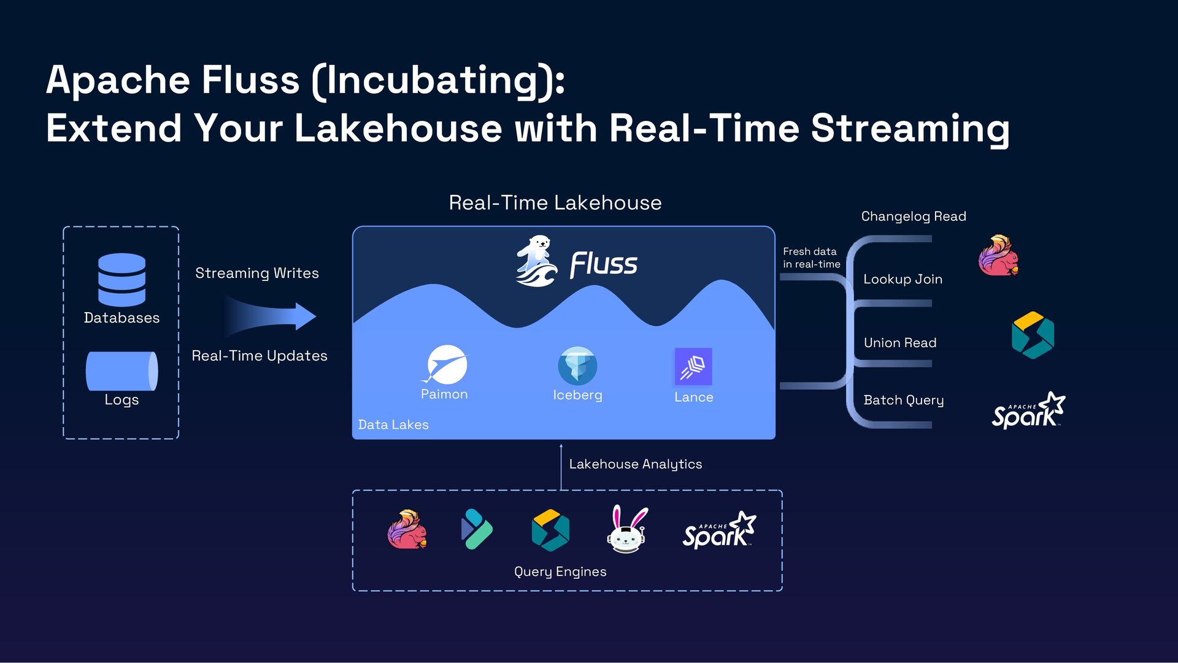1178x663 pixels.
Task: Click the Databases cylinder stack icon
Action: [x=121, y=279]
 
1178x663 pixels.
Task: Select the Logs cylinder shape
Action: [x=121, y=370]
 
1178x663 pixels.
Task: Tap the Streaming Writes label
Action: [x=257, y=273]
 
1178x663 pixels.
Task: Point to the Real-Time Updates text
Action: [x=260, y=356]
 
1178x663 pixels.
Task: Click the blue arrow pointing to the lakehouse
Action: [x=270, y=316]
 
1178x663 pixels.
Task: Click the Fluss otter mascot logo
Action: [x=536, y=261]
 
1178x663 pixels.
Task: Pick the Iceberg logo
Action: [x=577, y=366]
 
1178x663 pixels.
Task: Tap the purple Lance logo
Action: [x=693, y=366]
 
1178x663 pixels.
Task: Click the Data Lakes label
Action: [x=393, y=424]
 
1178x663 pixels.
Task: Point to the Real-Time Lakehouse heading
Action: [x=555, y=203]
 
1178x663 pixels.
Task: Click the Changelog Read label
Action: [x=914, y=217]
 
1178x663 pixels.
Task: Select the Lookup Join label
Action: [x=903, y=279]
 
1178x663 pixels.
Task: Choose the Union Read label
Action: [x=900, y=343]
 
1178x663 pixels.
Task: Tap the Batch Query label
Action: [x=904, y=400]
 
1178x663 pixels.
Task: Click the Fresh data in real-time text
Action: [x=811, y=258]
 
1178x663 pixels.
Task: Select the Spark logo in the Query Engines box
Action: [x=719, y=531]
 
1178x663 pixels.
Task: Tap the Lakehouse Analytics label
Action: [x=636, y=464]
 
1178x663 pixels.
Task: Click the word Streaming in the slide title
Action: [x=910, y=129]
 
